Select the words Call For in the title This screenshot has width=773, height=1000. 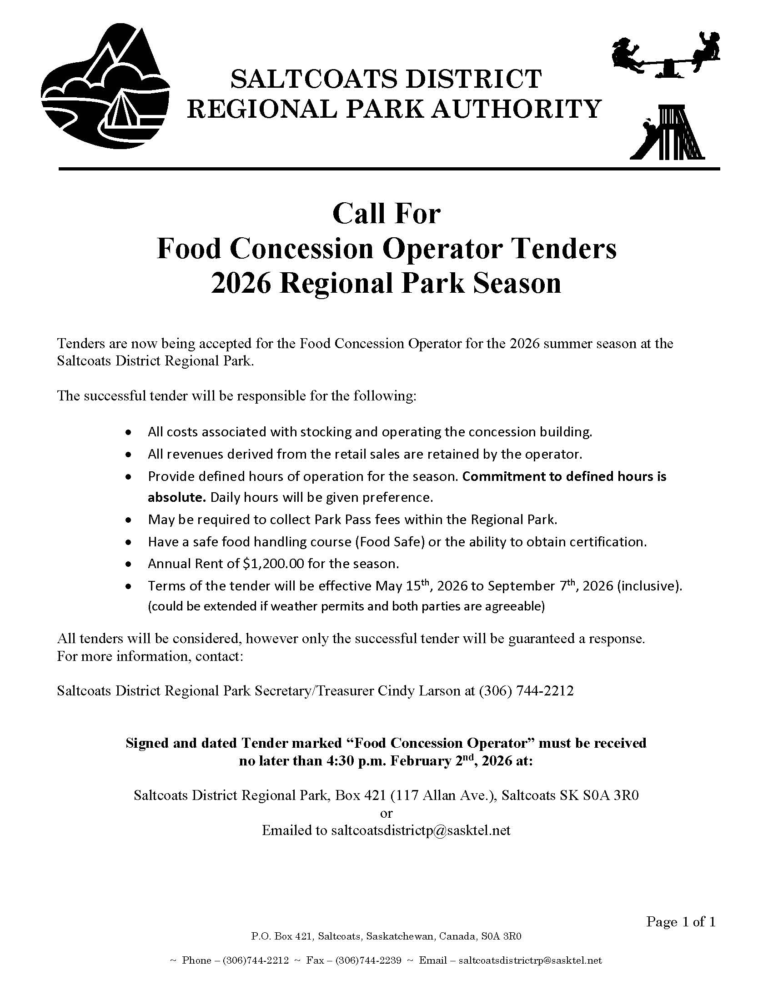coord(386,214)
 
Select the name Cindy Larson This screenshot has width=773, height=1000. coord(426,690)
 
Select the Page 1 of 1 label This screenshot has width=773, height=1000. coord(681,921)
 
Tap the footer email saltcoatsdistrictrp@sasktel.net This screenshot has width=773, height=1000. coord(530,960)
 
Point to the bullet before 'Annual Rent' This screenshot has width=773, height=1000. coord(130,564)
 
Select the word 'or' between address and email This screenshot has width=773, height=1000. coord(386,813)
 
